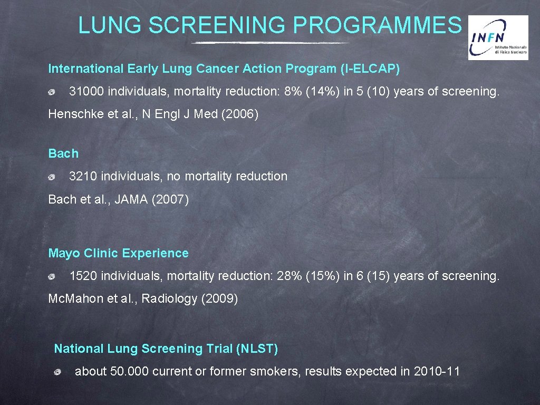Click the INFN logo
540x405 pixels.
coord(498,37)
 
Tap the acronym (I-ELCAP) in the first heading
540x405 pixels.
coord(371,69)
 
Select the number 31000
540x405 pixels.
coord(87,92)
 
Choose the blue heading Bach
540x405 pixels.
coord(63,153)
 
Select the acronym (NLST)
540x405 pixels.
coord(257,349)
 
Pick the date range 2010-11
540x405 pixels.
coord(437,371)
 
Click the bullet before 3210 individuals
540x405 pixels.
coord(52,177)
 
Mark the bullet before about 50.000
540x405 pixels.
coord(58,372)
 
